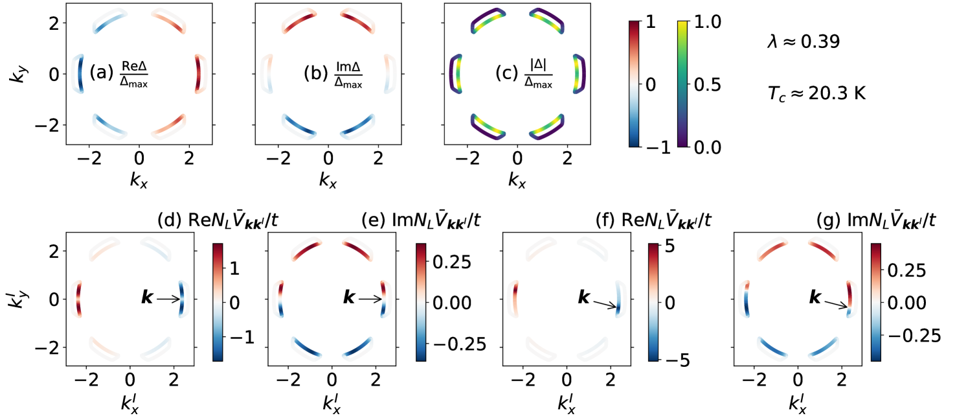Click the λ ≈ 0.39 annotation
(x=803, y=43)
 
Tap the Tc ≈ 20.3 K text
(x=813, y=94)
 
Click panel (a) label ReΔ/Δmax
(x=119, y=75)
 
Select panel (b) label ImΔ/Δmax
(x=333, y=75)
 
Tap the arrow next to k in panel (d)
(x=168, y=299)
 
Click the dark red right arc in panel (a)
(x=199, y=73)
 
